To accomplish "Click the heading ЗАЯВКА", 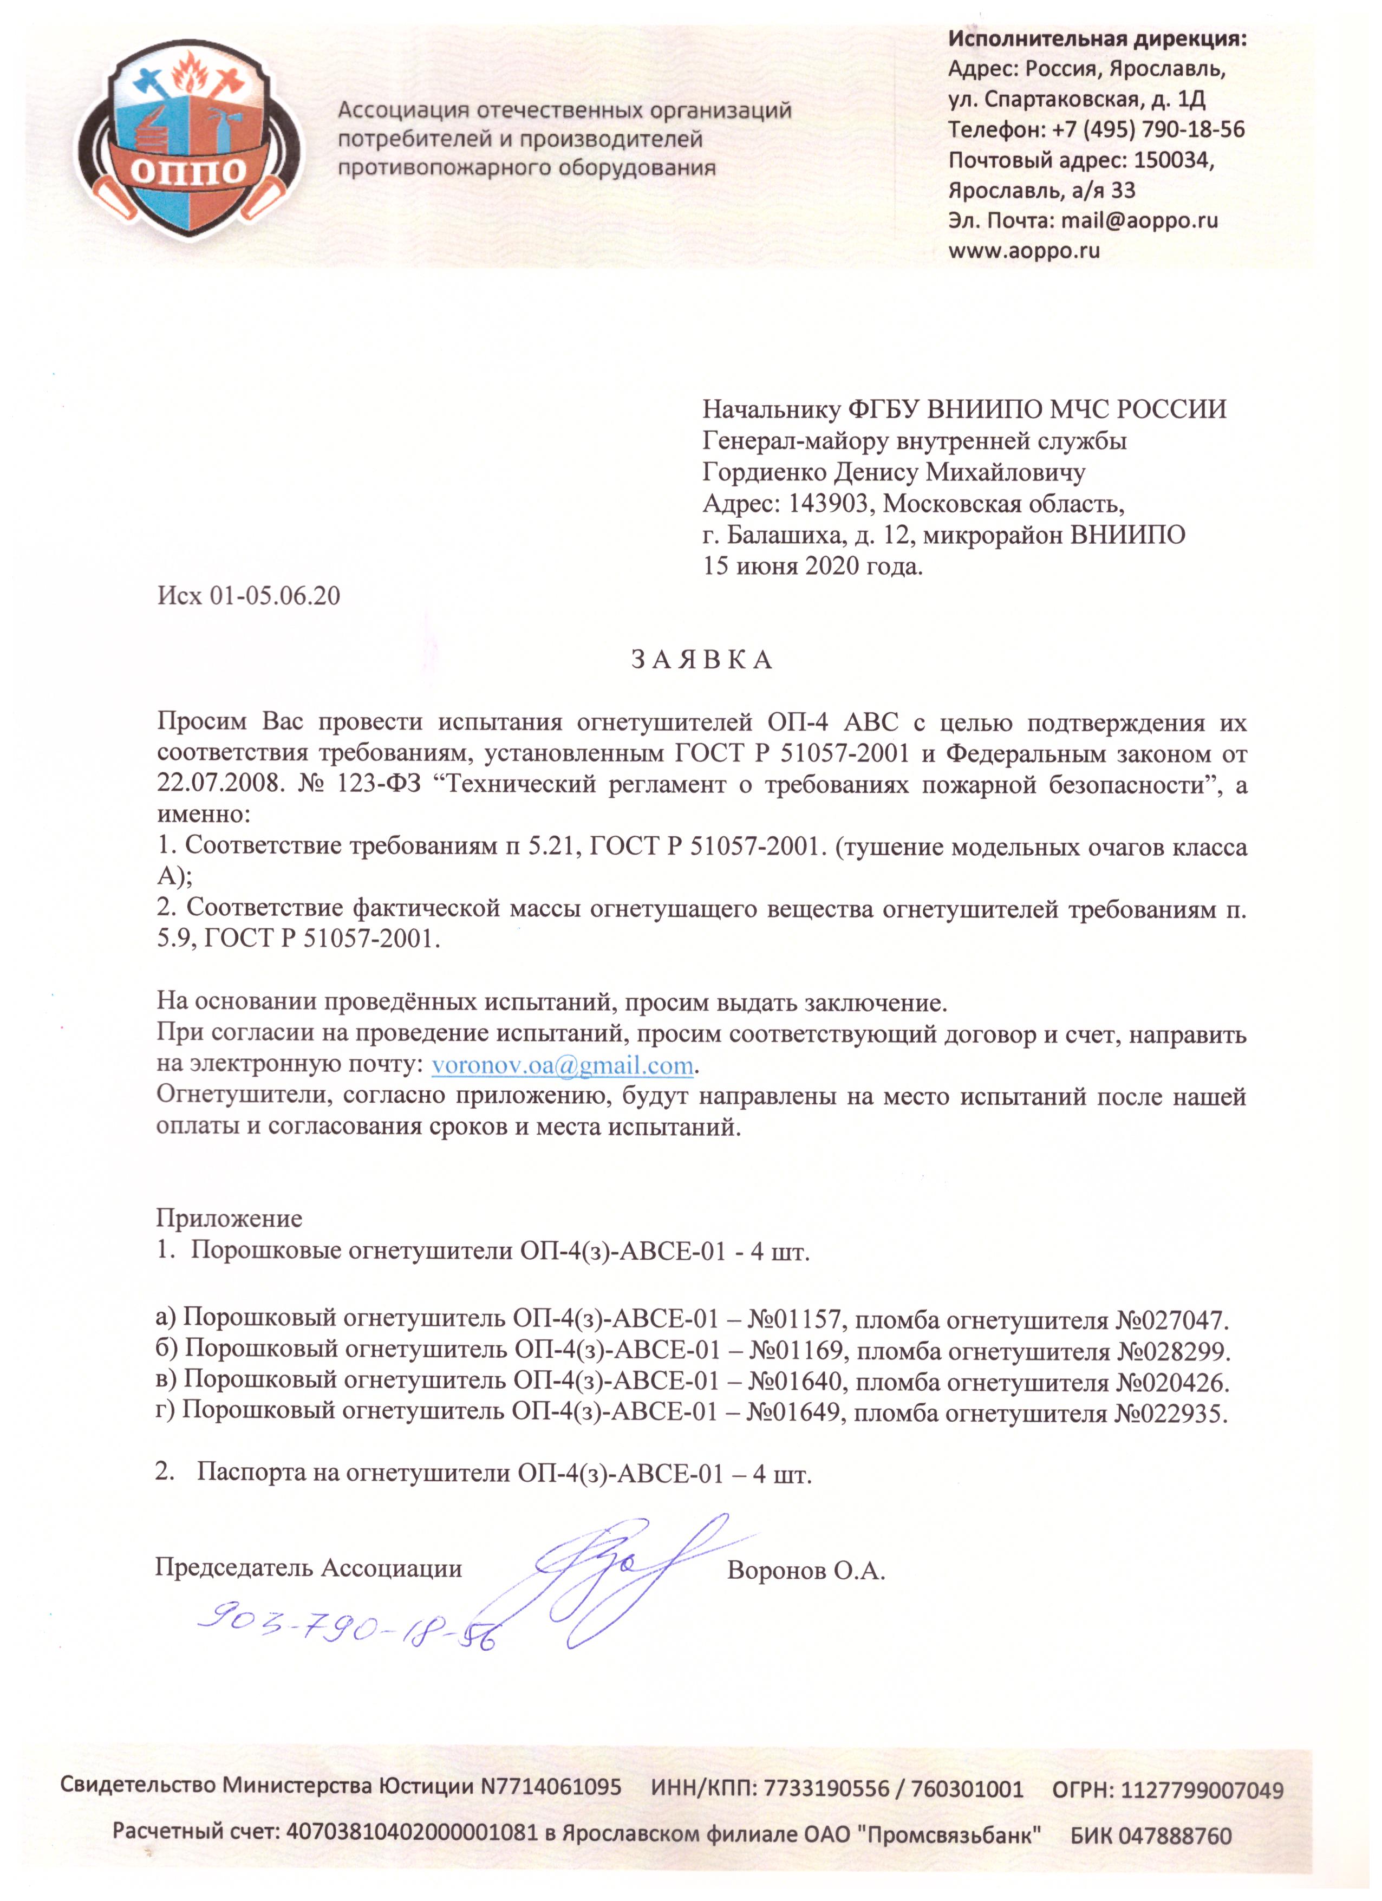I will (x=701, y=661).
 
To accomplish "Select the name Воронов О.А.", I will (x=806, y=1570).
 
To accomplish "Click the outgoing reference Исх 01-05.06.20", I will (x=249, y=596).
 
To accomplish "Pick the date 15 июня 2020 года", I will (x=812, y=566).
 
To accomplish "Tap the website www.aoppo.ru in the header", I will (x=1024, y=250).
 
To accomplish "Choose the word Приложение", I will (x=229, y=1218).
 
